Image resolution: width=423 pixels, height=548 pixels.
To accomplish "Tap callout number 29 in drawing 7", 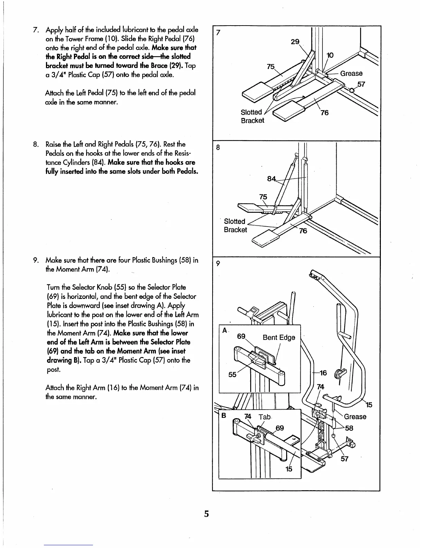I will pos(295,42).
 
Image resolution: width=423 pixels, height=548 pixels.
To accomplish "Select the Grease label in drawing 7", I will pos(351,73).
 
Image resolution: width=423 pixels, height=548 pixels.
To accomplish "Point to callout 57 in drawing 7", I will pos(361,84).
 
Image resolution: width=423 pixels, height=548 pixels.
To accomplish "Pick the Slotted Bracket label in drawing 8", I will pos(235,226).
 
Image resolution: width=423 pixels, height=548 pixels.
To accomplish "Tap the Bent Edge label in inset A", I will pos(279,337).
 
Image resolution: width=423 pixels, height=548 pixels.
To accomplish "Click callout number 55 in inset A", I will pos(232,375).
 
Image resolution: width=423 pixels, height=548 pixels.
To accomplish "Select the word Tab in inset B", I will pos(264,417).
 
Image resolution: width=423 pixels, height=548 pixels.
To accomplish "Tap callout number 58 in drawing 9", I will pos(349,428).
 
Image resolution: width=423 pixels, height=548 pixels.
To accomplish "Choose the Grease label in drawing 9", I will pos(355,417).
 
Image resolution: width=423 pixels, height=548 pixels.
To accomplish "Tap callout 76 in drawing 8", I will pos(303,231).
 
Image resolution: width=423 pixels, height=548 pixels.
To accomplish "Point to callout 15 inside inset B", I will pos(289,469).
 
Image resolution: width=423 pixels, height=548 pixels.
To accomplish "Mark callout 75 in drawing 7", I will pos(271,67).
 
